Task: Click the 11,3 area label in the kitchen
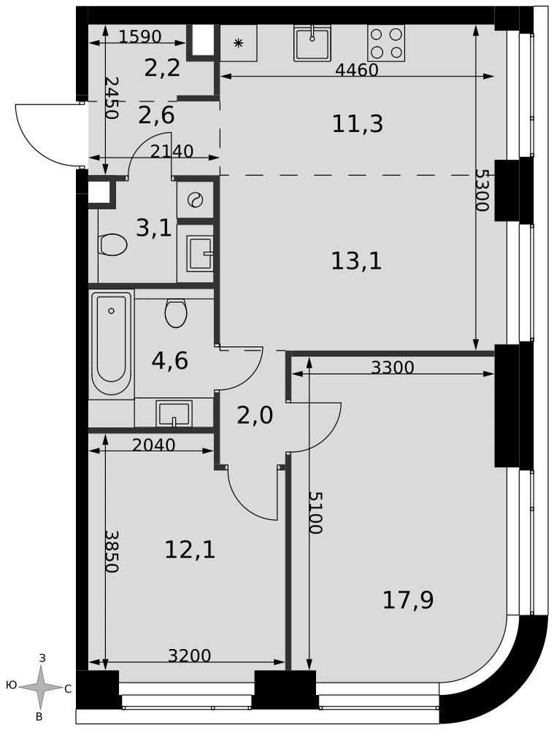point(358,124)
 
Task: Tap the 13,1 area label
point(357,261)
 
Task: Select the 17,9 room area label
point(408,600)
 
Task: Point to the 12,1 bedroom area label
point(190,550)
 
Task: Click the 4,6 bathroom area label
point(170,361)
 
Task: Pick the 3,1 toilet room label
point(154,228)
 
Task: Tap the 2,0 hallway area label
point(255,415)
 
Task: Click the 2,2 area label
point(162,69)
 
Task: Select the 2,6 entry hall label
point(156,115)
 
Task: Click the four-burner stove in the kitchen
point(386,43)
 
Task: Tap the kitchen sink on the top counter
point(312,43)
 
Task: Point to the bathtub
point(111,344)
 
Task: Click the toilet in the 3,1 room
point(113,245)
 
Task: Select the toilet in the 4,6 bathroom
point(176,313)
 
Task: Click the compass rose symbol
point(42,687)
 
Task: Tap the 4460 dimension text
point(357,70)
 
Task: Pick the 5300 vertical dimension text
point(482,190)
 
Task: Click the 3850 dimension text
point(112,552)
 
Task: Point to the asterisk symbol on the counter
point(239,43)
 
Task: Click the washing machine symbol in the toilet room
point(194,200)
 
